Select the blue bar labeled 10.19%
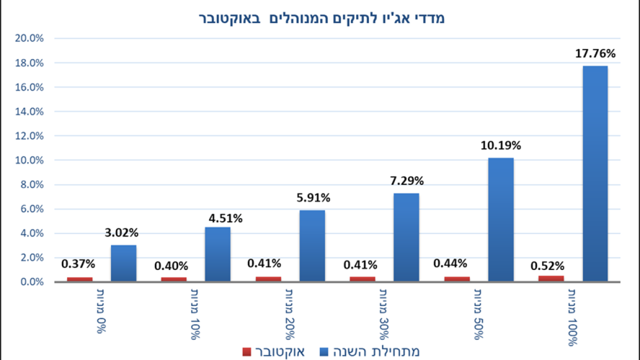click(x=500, y=219)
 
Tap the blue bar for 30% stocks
click(x=406, y=237)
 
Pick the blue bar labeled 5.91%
click(x=312, y=245)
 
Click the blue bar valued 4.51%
click(x=217, y=254)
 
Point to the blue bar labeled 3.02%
click(x=123, y=263)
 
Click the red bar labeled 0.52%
click(x=551, y=278)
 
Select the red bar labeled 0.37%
click(x=79, y=279)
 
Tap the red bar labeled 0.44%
click(x=457, y=279)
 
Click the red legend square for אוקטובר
click(x=246, y=351)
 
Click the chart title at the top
click(x=320, y=18)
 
